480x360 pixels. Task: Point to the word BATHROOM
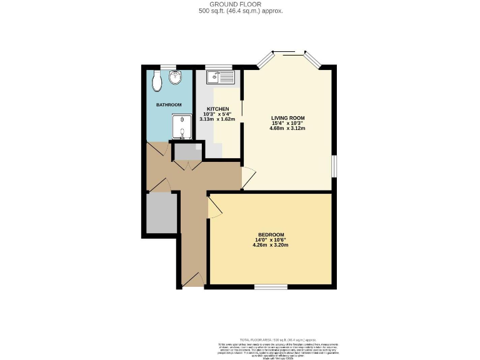[x=169, y=104]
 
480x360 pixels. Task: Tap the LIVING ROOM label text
[x=287, y=118]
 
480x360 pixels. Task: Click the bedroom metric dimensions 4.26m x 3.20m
[x=271, y=245]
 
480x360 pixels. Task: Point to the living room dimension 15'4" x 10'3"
[x=287, y=124]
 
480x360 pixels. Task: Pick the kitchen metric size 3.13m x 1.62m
[x=217, y=119]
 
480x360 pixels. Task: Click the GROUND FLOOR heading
[x=240, y=4]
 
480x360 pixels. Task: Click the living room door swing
[x=248, y=179]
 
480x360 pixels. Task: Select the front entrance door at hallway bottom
[x=194, y=281]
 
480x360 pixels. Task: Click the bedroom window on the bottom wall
[x=271, y=287]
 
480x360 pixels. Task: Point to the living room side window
[x=334, y=166]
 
